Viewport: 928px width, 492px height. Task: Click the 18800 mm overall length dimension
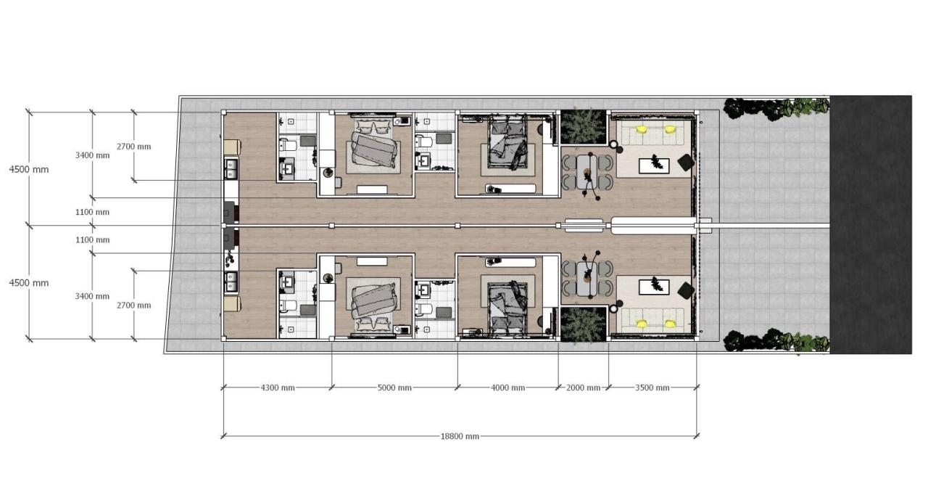tap(460, 436)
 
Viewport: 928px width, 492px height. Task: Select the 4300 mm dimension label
tap(278, 388)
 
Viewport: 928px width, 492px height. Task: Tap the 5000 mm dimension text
tap(394, 388)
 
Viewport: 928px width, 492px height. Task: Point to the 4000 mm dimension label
tap(508, 388)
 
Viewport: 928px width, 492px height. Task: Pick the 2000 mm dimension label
tap(583, 388)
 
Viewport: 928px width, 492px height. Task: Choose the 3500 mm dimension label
tap(652, 388)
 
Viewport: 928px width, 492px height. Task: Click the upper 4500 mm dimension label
tap(29, 169)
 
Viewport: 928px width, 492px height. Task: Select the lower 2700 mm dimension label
tap(134, 306)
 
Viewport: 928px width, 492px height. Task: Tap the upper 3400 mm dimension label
tap(92, 155)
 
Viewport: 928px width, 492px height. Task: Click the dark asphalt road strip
tap(871, 224)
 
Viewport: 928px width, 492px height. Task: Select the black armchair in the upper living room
tap(686, 163)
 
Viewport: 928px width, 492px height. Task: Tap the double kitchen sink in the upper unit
tap(231, 168)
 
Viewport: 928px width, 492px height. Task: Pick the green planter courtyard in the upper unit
tap(583, 127)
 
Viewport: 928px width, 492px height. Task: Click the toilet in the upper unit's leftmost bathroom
tap(288, 145)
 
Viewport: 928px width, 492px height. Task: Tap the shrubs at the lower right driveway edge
tap(776, 340)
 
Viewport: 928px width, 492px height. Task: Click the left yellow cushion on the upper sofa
tap(642, 130)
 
